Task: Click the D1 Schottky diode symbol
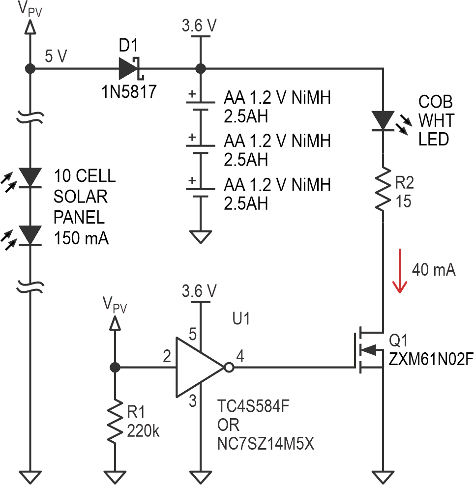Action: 130,69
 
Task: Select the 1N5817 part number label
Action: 129,91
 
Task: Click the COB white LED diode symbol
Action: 382,120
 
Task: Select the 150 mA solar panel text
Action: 81,239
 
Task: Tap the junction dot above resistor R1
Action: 115,367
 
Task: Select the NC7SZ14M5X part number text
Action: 266,444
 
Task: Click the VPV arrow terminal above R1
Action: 115,323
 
